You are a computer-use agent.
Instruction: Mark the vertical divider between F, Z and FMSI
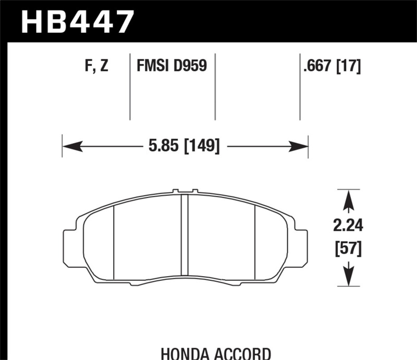[x=130, y=86]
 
